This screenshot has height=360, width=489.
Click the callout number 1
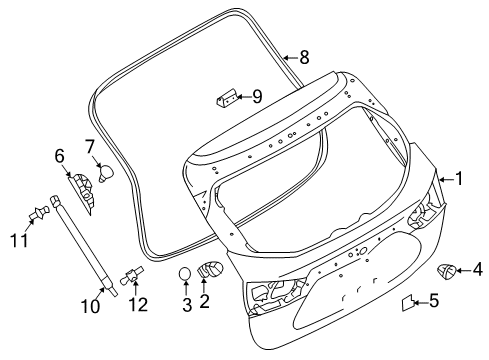point(460,180)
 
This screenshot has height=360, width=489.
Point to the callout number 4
point(477,268)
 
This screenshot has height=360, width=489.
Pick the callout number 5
point(433,299)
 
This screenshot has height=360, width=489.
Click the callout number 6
point(59,155)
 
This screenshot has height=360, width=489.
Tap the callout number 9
point(257,96)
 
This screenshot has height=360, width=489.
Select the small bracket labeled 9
point(226,98)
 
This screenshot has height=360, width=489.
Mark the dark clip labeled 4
point(446,269)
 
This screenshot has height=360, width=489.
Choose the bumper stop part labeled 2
point(210,270)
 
